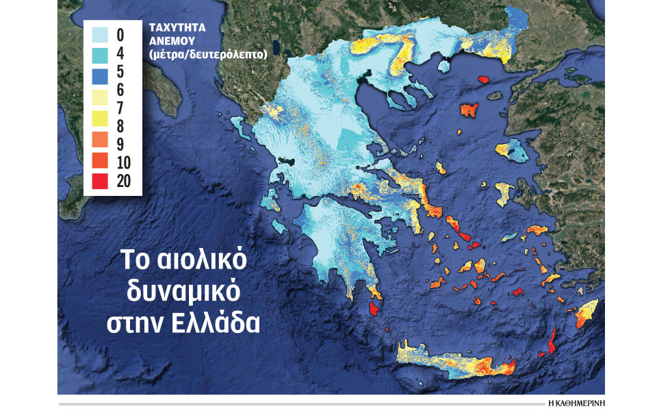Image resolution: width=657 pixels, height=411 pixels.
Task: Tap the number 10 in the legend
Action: [x=125, y=162]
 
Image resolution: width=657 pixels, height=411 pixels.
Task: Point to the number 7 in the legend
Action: [x=120, y=107]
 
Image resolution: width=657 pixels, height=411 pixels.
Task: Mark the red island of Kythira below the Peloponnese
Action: [x=374, y=308]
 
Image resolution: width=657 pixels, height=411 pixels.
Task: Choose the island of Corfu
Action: [x=237, y=124]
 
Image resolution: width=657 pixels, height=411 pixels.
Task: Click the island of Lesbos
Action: [x=512, y=149]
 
